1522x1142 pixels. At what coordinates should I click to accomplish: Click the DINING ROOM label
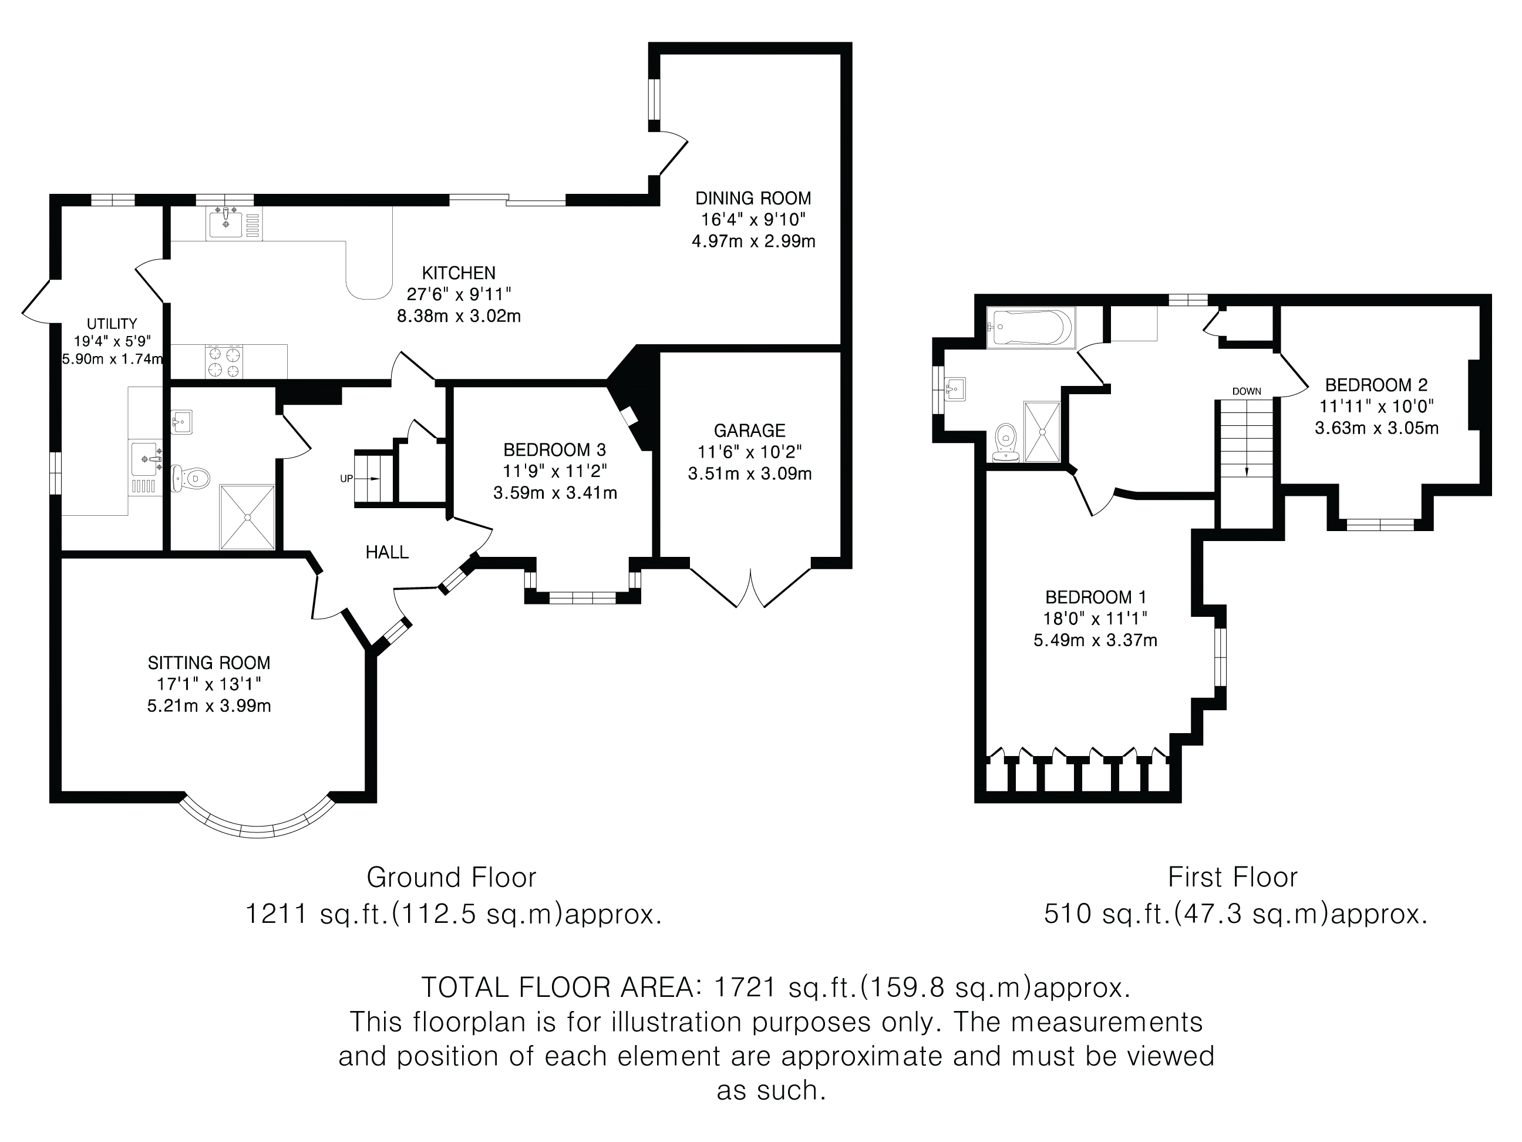(x=753, y=198)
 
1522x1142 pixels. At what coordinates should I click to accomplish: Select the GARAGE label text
(x=749, y=431)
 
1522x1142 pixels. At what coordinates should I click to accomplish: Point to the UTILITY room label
(x=112, y=324)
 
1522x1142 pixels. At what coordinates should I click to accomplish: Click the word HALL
(x=387, y=552)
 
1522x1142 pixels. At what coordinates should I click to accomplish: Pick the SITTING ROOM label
(x=208, y=663)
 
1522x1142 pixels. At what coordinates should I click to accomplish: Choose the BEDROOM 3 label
(x=554, y=450)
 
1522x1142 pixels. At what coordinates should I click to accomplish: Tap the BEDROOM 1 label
(x=1095, y=597)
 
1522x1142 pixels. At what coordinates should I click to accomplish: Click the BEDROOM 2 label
(x=1376, y=385)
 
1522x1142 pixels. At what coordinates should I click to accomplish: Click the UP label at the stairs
(x=346, y=478)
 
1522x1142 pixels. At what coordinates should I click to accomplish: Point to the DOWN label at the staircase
(x=1246, y=392)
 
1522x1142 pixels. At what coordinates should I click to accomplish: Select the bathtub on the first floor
(x=1030, y=328)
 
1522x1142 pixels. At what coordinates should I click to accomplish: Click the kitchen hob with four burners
(x=224, y=362)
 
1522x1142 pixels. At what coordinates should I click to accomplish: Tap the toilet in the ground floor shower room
(x=191, y=477)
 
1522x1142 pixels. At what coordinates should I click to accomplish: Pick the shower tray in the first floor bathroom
(x=1042, y=432)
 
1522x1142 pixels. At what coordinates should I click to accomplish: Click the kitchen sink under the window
(x=225, y=223)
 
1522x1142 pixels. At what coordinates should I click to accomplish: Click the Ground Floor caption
(x=451, y=878)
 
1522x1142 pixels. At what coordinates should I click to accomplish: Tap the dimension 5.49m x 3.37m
(x=1095, y=641)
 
